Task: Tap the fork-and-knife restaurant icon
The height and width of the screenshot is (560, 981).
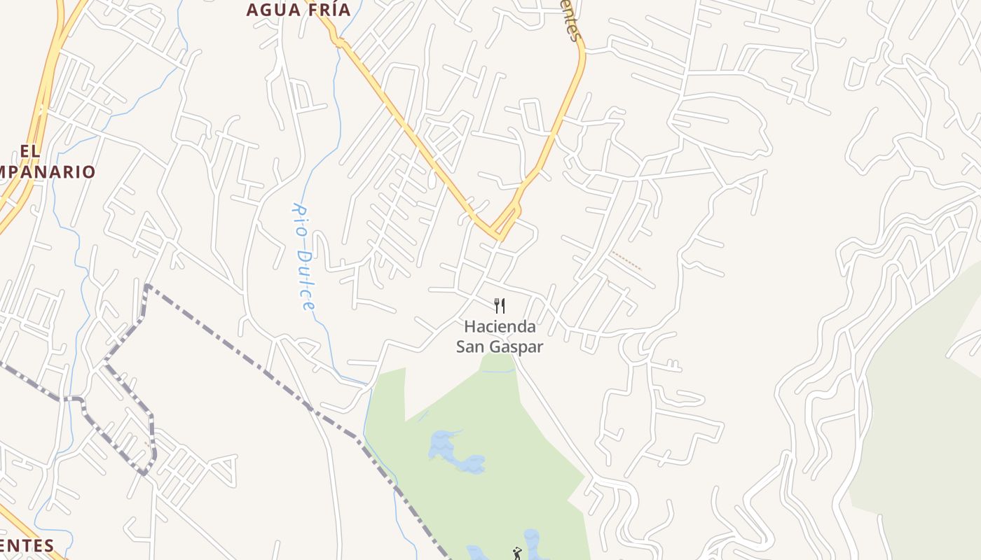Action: click(500, 305)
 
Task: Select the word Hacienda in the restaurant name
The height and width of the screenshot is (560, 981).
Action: click(500, 326)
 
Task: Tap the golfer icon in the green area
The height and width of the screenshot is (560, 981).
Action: click(517, 553)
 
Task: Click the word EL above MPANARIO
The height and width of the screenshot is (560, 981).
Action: click(30, 150)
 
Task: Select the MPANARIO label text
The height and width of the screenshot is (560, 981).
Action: click(48, 171)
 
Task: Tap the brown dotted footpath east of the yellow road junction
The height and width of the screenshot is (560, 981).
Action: click(625, 260)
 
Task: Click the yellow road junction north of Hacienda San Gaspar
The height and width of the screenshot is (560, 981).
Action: click(500, 232)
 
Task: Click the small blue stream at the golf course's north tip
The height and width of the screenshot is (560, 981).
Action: click(498, 371)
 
